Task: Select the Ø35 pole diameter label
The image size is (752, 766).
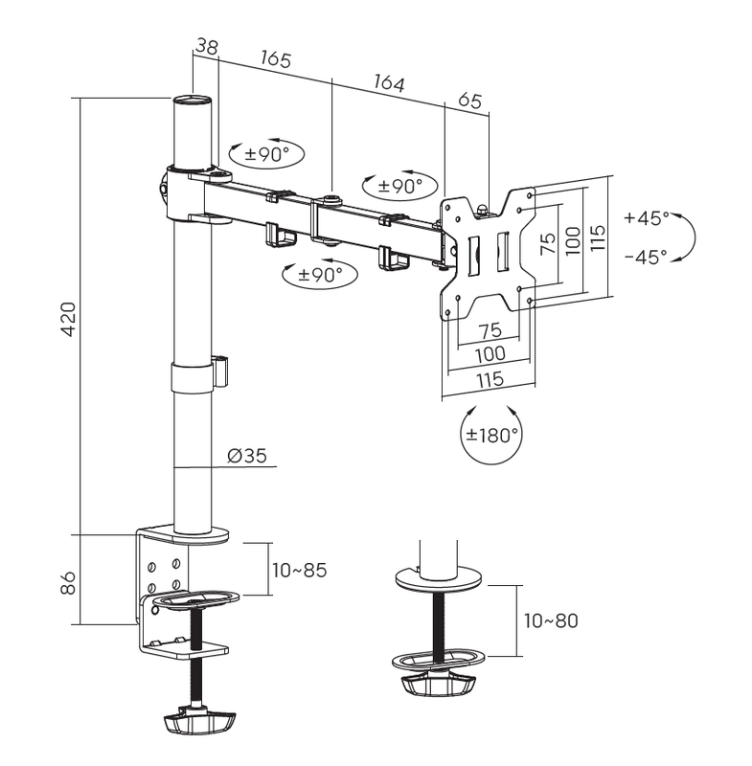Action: [247, 456]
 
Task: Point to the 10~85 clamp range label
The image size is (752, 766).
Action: [299, 571]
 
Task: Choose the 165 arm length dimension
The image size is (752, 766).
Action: [275, 58]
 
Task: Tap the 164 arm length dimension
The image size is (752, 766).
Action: [387, 84]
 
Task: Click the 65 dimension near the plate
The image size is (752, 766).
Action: [469, 100]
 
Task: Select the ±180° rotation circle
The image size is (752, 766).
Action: [491, 434]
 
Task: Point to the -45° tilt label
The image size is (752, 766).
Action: [647, 257]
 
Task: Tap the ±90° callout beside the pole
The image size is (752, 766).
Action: [266, 153]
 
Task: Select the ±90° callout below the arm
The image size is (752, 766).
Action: [320, 274]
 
